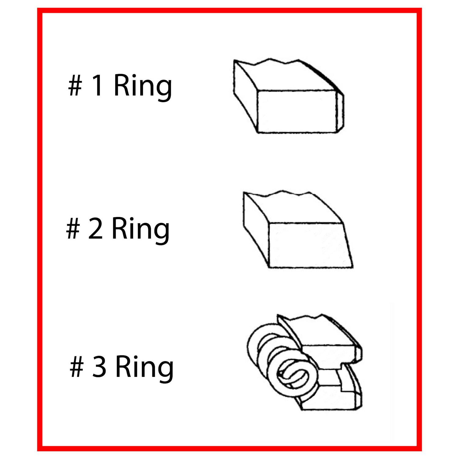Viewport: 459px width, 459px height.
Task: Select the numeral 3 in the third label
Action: tap(99, 367)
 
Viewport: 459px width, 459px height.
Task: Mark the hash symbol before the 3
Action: tap(77, 368)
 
